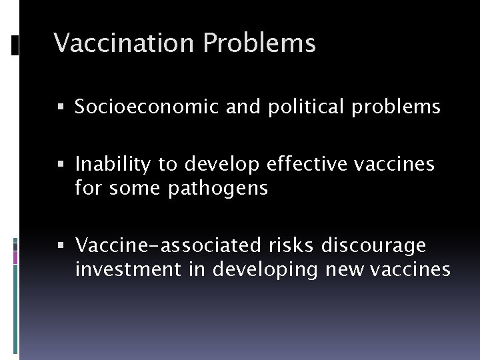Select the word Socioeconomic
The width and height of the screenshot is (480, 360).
(146, 107)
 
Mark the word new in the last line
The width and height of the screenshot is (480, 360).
(347, 271)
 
